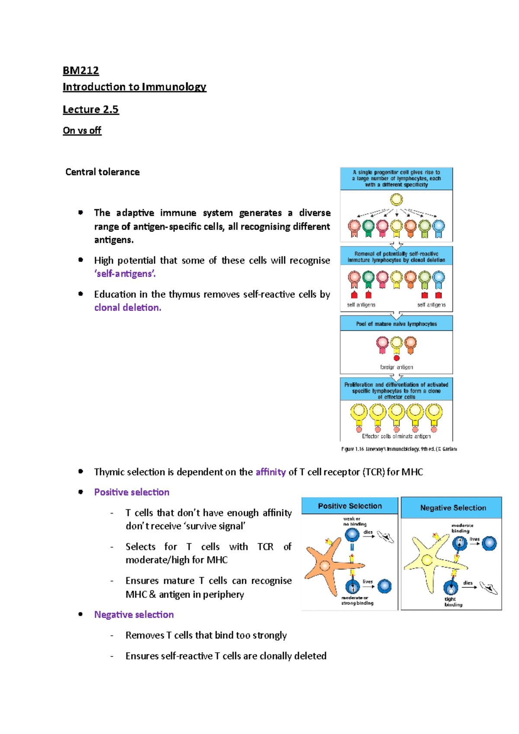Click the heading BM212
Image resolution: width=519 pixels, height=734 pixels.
pyautogui.click(x=81, y=70)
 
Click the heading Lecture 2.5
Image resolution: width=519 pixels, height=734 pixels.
pyautogui.click(x=90, y=109)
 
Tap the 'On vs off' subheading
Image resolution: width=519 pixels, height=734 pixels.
pyautogui.click(x=82, y=131)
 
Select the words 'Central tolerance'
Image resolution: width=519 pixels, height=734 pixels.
pyautogui.click(x=103, y=172)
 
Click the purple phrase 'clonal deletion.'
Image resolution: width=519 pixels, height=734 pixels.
pyautogui.click(x=128, y=307)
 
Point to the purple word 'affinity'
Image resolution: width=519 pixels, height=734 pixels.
pyautogui.click(x=270, y=472)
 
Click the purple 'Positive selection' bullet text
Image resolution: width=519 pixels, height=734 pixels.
pyautogui.click(x=131, y=492)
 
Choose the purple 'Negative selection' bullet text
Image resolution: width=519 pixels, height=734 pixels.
pyautogui.click(x=134, y=614)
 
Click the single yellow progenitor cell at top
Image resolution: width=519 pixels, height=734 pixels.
pyautogui.click(x=396, y=200)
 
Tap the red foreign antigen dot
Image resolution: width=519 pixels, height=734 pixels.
pyautogui.click(x=396, y=358)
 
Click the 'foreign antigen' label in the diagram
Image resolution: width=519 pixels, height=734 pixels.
pyautogui.click(x=396, y=367)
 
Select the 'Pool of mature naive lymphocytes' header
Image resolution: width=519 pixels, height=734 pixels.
pyautogui.click(x=396, y=324)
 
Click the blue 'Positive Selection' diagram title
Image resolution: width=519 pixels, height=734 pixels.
pyautogui.click(x=350, y=506)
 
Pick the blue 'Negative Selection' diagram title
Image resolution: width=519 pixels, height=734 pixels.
pyautogui.click(x=453, y=508)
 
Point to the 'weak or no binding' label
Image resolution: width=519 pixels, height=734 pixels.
pyautogui.click(x=355, y=521)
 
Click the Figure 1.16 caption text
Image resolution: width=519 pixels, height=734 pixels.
pyautogui.click(x=399, y=449)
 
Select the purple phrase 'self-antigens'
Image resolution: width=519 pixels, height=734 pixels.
pyautogui.click(x=125, y=274)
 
